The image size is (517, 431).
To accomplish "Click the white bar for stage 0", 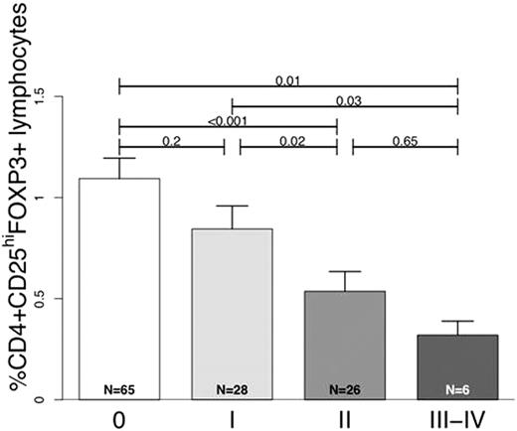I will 118,288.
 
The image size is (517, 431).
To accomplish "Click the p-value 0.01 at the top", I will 287,79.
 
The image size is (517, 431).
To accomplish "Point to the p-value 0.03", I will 346,99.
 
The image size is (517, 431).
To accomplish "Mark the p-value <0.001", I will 228,121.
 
